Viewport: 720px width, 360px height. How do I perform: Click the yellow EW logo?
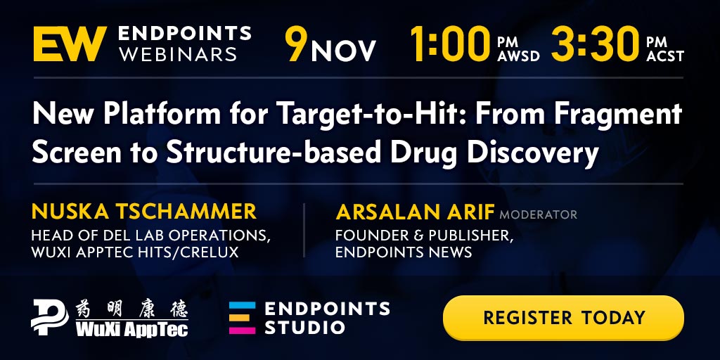70,44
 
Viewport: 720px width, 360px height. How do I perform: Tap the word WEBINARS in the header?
178,53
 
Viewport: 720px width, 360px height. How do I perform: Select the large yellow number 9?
296,44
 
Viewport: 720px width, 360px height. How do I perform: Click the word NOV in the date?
343,51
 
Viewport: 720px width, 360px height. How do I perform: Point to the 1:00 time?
450,44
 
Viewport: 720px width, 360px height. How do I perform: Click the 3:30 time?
595,44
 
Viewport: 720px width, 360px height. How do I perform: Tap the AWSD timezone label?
518,56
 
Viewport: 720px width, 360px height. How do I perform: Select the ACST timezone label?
665,56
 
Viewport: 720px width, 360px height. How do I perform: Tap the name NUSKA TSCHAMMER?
143,211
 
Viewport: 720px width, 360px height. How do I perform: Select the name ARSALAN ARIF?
415,212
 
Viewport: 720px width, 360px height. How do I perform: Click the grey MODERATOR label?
538,214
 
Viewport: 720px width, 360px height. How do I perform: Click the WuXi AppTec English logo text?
131,329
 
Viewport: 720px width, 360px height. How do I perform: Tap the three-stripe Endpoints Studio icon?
242,317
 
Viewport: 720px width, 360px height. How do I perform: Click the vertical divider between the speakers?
304,231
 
